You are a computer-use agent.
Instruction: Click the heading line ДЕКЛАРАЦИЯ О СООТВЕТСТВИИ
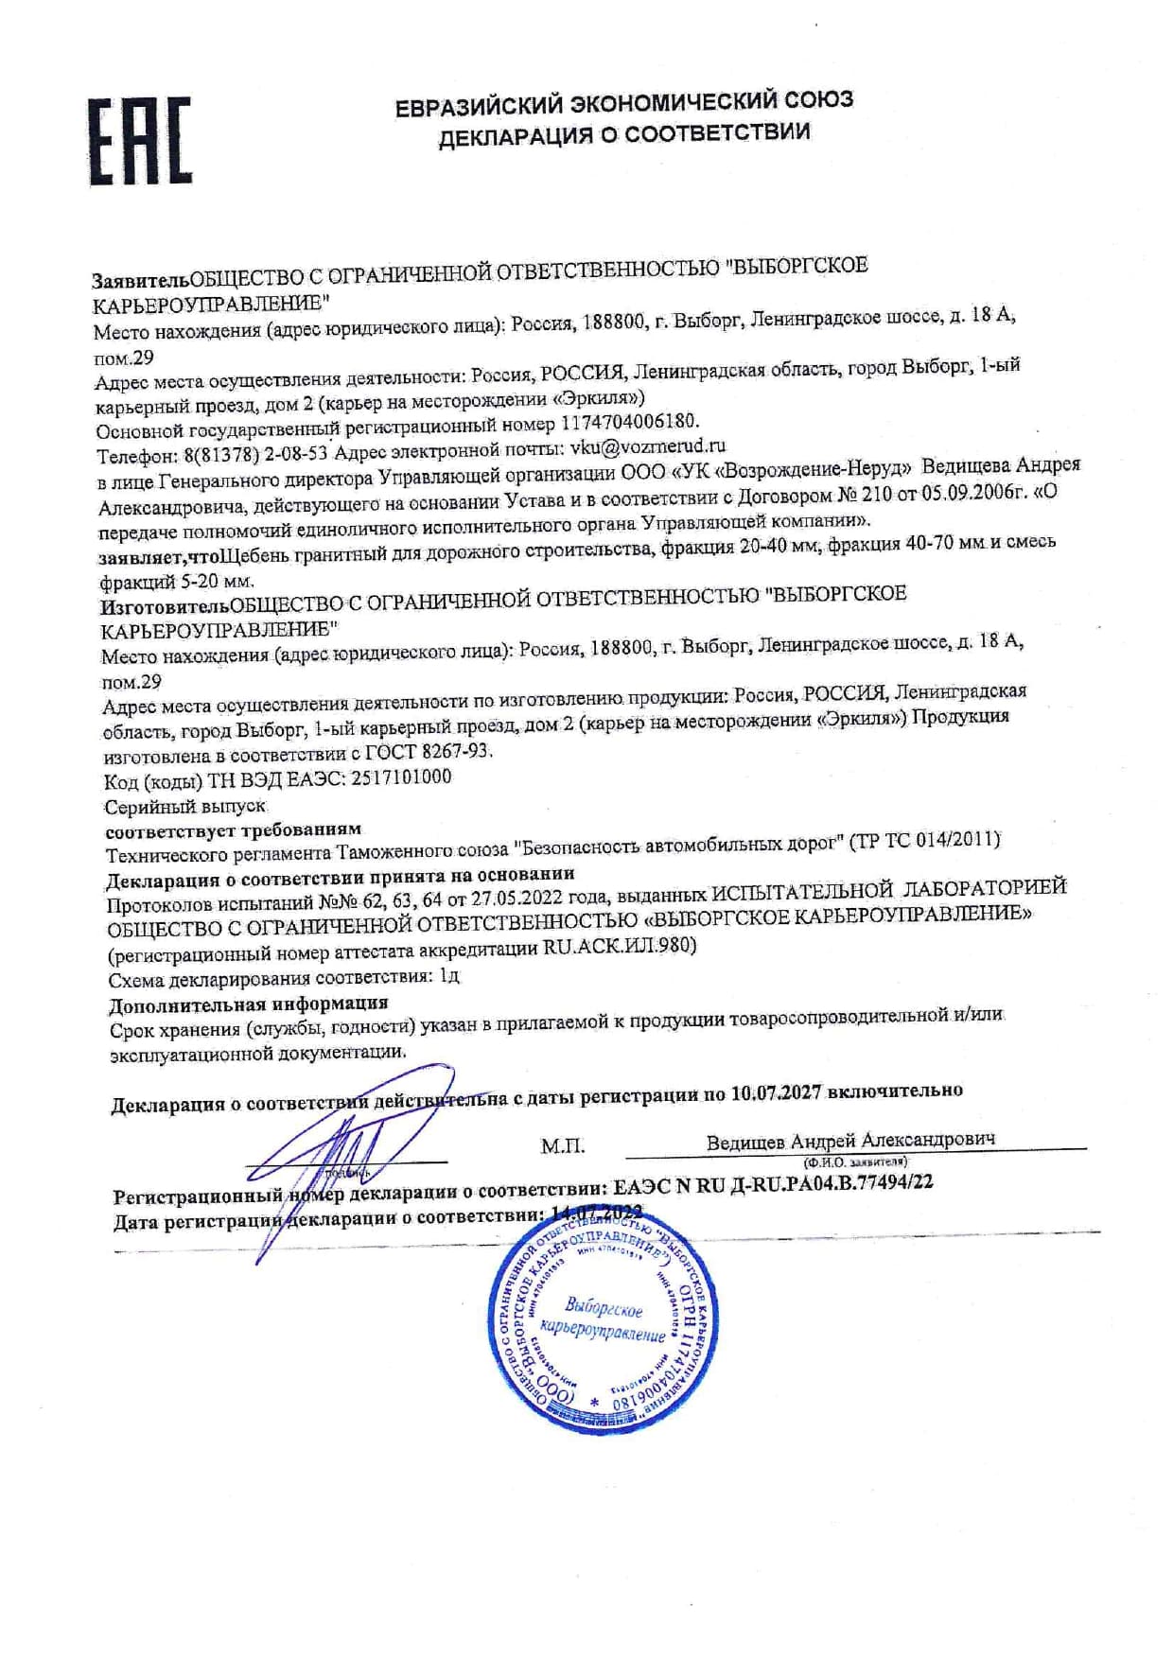tap(623, 133)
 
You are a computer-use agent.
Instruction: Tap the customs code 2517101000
tap(401, 777)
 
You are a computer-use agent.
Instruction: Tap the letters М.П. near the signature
tap(562, 1146)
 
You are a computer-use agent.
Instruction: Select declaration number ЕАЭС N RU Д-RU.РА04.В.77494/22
tap(773, 1183)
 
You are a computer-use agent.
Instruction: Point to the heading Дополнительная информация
tap(249, 1004)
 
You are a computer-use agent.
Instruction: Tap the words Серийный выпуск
tap(185, 807)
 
